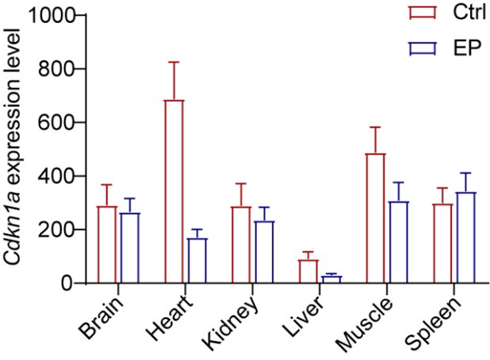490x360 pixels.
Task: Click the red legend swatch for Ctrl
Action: coord(418,13)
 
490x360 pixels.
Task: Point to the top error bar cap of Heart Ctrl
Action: coord(174,62)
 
